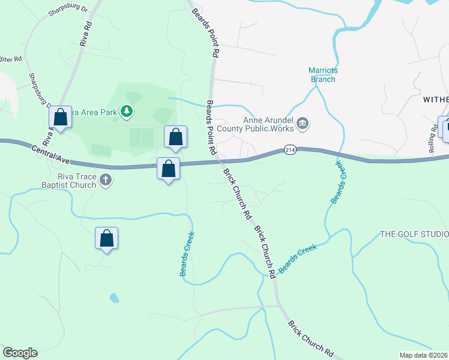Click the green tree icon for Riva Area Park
pyautogui.click(x=126, y=111)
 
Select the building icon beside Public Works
pyautogui.click(x=303, y=124)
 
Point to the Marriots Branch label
pyautogui.click(x=324, y=74)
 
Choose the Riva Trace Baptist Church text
pyautogui.click(x=68, y=181)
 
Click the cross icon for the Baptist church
pyautogui.click(x=106, y=179)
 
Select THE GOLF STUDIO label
pyautogui.click(x=414, y=234)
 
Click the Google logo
pyautogui.click(x=20, y=353)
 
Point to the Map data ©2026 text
pyautogui.click(x=423, y=355)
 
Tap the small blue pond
pyautogui.click(x=113, y=298)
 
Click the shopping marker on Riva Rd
pyautogui.click(x=60, y=116)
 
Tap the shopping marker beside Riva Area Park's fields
pyautogui.click(x=175, y=137)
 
